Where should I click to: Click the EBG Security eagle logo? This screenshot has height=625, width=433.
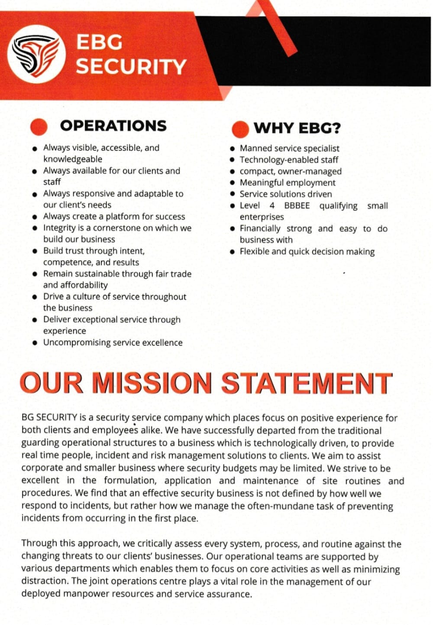point(36,54)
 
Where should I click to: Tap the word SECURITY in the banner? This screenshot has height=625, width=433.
point(131,67)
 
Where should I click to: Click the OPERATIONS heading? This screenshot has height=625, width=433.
point(113,126)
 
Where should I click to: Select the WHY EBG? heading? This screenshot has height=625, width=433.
point(297,128)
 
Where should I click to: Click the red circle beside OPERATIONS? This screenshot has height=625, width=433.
point(39,127)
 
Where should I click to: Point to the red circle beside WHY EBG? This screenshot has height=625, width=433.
point(240,129)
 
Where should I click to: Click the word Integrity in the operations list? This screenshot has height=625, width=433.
point(60,228)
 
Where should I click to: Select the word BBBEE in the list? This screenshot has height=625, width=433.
point(297,205)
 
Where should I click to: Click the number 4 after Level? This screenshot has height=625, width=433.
point(272,205)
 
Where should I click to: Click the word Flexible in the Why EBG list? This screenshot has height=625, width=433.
point(254,251)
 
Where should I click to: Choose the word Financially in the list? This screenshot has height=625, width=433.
point(260,228)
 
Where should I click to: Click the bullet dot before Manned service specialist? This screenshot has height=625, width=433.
point(233,149)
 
